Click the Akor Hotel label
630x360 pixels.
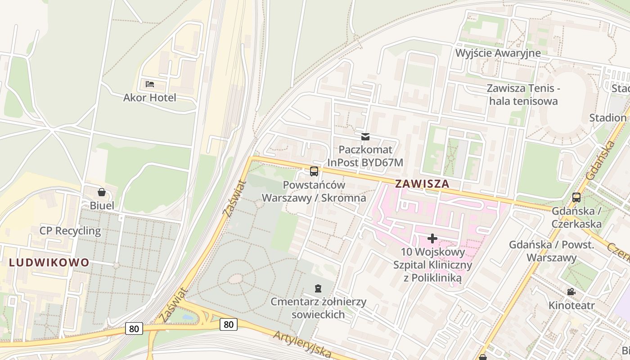point(150,98)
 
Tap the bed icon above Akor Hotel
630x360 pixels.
point(150,84)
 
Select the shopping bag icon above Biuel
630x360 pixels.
point(102,192)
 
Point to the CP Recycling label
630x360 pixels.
point(70,231)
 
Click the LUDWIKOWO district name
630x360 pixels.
point(49,263)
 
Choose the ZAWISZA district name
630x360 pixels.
point(422,184)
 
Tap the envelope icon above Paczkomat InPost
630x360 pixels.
point(365,136)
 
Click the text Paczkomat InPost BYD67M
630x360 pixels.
point(365,156)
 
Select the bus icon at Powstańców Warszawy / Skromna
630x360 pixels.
point(314,171)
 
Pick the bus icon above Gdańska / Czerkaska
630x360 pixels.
point(576,197)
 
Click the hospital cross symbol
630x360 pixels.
point(432,238)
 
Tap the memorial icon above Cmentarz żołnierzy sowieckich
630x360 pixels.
point(319,288)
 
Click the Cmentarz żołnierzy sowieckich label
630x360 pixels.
point(319,308)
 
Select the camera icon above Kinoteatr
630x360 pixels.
point(571,292)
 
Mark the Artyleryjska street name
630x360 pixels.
point(302,344)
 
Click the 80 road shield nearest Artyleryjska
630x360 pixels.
point(229,324)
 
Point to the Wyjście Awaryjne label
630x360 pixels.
point(498,53)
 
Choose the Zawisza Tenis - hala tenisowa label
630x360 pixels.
point(523,94)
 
